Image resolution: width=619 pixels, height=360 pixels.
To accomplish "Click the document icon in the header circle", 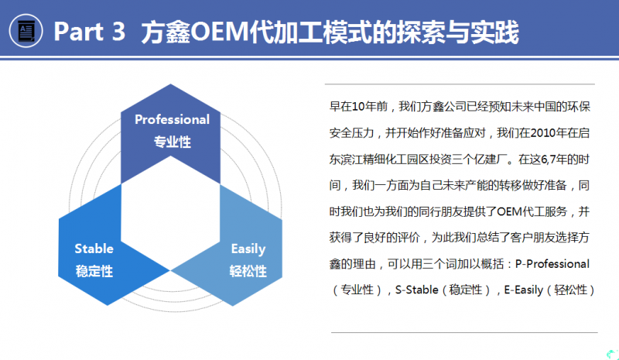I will coord(26,32).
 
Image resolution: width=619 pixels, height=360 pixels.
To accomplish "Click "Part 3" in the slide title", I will coord(85,33).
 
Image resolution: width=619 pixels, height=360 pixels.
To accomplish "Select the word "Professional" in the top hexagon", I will coord(172,119).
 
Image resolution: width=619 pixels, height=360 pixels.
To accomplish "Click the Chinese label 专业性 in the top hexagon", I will coord(172,142).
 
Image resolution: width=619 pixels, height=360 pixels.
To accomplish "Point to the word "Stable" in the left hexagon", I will coord(94,249).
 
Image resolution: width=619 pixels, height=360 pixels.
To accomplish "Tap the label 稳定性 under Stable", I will coord(94,271).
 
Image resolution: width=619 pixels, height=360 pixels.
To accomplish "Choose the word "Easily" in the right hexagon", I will coord(248,249).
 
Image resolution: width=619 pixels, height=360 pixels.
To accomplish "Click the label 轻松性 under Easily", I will coord(248,271).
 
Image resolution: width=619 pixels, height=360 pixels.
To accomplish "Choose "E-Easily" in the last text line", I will coord(526,290).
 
